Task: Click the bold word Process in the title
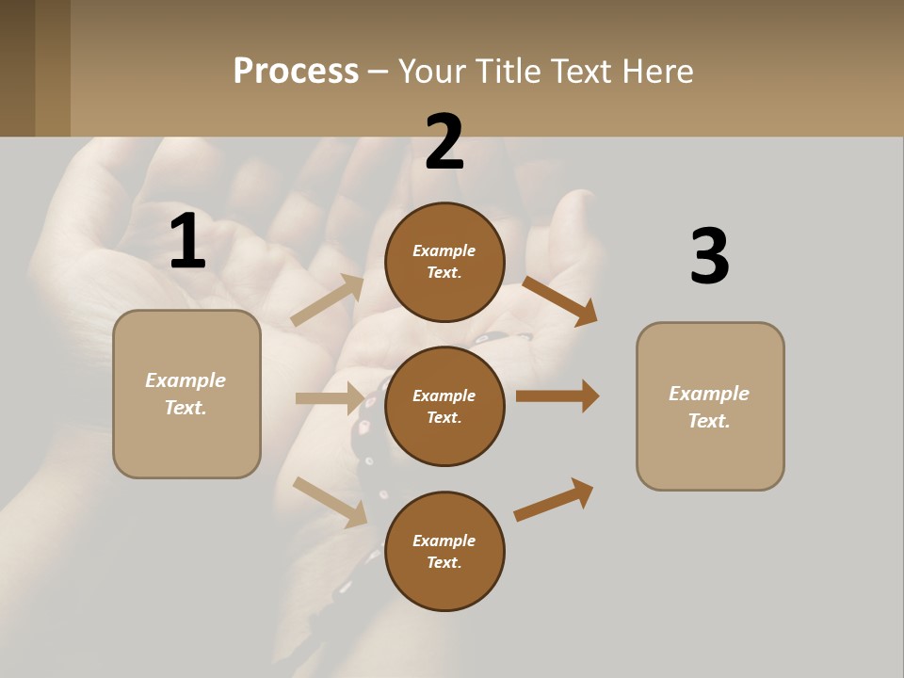coord(296,72)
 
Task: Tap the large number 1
coord(187,242)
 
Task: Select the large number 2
coord(444,143)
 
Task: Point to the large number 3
coord(710,256)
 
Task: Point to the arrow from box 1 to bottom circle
coord(331,501)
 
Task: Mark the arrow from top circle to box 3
coord(559,300)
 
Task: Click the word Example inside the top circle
coord(444,250)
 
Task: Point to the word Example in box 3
coord(709,394)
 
